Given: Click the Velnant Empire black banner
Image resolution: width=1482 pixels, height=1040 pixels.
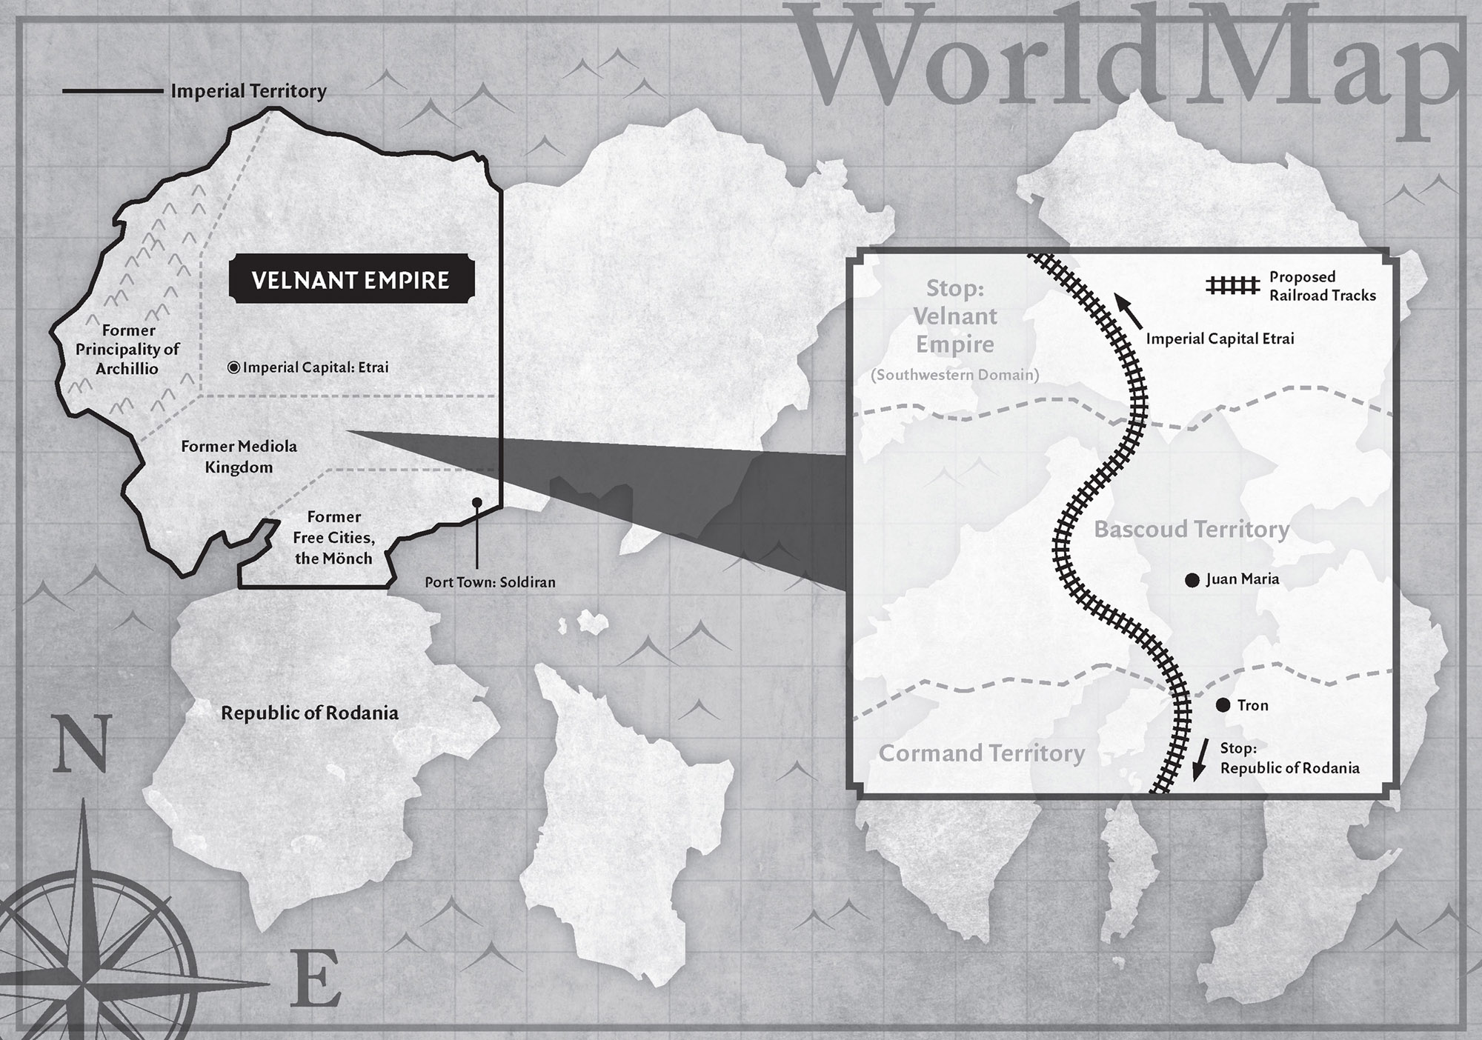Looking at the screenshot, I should pos(350,280).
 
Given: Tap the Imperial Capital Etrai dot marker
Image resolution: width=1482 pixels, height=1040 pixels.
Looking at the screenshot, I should pos(233,367).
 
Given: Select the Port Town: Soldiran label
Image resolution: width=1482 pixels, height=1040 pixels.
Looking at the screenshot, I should pos(490,582).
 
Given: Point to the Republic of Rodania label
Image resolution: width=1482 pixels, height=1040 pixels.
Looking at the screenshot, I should pos(310,713).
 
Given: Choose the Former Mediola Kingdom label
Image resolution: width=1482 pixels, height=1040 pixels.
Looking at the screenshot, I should pos(239,456).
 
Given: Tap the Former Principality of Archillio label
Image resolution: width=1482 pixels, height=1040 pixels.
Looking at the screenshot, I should pos(127,349).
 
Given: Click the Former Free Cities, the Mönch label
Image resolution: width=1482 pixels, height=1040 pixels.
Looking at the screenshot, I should pos(333,538).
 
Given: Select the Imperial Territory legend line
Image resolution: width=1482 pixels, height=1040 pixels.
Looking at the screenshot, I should pos(113,91).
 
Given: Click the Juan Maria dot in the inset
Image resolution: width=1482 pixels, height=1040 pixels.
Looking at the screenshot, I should pos(1192,580).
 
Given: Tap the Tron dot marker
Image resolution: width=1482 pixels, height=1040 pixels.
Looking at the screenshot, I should pos(1223,705).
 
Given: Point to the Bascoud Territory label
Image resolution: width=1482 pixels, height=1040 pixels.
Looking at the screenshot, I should pos(1192,530).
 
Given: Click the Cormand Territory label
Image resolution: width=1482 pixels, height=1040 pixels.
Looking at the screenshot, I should pos(982,753).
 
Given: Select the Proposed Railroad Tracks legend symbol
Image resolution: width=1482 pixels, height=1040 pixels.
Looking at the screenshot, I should pos(1232,286).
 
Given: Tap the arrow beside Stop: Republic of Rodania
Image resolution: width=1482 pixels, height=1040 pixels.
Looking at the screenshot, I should pos(1200,760).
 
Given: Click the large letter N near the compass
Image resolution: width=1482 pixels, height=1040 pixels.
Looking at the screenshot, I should pos(82,744).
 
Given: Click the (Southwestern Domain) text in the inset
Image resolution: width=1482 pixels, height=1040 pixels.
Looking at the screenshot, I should pos(954,375).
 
